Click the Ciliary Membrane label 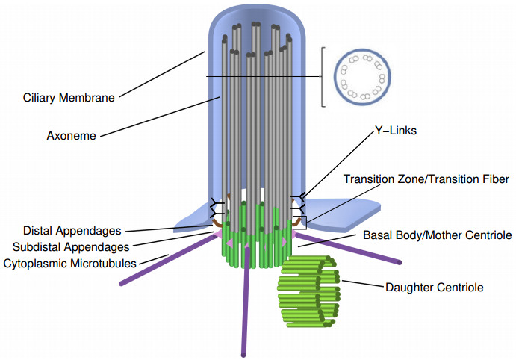click(x=69, y=98)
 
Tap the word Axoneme click(x=72, y=136)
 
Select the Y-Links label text click(x=396, y=131)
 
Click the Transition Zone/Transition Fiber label click(x=426, y=179)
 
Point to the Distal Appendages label click(x=72, y=231)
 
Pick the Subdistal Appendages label click(x=71, y=247)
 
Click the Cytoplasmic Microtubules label click(x=69, y=264)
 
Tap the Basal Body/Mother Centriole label click(x=438, y=235)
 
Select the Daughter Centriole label click(x=435, y=288)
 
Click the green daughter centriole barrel click(x=308, y=291)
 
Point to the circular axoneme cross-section click(x=362, y=78)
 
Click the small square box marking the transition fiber click(x=299, y=223)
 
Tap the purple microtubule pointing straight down click(x=244, y=301)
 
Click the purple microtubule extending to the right click(x=346, y=248)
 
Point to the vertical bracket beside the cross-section click(x=323, y=77)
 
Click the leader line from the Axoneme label click(x=161, y=117)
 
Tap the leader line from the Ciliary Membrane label click(x=162, y=74)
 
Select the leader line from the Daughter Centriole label click(x=363, y=284)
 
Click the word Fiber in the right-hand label click(x=496, y=179)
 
